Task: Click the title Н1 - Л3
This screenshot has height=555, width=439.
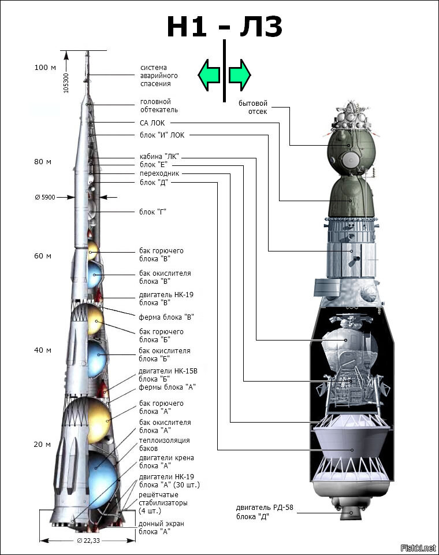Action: point(224,28)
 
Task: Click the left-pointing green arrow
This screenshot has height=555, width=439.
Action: point(209,75)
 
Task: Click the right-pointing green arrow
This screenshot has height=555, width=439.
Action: point(239,75)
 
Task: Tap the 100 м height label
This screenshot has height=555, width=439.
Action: point(45,68)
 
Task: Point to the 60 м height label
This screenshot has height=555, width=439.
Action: point(42,256)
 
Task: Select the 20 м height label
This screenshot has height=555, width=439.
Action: point(42,445)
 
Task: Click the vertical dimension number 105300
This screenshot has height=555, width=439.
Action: point(66,82)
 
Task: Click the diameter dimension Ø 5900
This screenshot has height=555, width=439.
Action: point(45,198)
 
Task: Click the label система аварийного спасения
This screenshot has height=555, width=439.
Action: point(159,76)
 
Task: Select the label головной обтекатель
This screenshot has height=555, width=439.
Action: point(159,105)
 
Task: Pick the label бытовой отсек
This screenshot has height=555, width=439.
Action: point(253,108)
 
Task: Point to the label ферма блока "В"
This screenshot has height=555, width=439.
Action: point(166,317)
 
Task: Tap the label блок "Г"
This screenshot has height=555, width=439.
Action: point(153,212)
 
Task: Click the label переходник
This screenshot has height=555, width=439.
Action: point(159,173)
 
